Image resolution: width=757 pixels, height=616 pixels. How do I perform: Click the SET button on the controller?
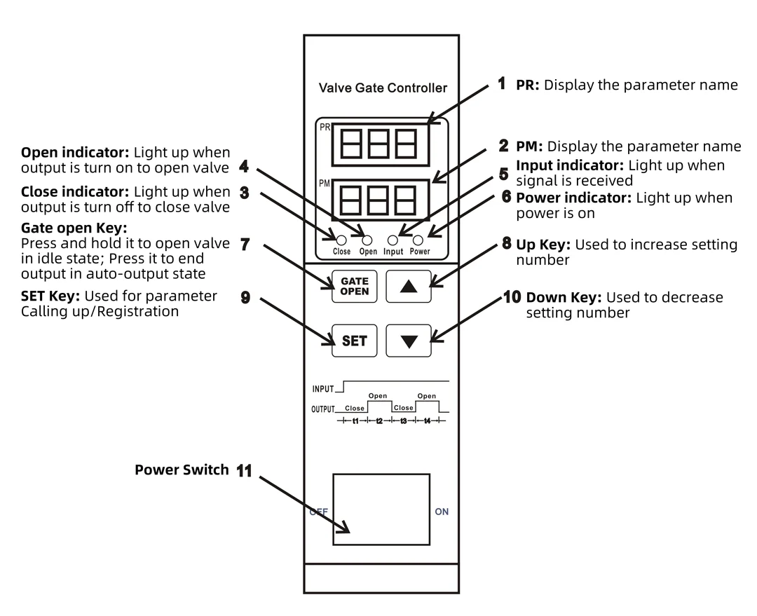355,341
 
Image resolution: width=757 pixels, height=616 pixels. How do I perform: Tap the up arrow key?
409,287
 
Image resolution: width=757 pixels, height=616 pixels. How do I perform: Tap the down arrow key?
409,341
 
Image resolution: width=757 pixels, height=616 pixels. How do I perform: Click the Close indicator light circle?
341,240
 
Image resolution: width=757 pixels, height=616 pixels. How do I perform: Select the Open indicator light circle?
367,240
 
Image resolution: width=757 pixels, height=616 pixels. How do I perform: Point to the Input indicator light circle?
393,240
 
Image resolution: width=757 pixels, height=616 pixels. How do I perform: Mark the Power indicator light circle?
418,240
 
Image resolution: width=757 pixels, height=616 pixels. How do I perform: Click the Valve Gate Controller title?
383,88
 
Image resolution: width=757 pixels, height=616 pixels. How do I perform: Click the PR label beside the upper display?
325,127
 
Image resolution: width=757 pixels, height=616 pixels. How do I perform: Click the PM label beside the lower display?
325,184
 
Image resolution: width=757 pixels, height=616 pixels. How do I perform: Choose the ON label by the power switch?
442,512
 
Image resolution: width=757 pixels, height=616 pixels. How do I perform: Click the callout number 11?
244,471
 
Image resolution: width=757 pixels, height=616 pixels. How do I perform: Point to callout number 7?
245,245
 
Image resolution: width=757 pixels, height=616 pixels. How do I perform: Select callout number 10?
512,297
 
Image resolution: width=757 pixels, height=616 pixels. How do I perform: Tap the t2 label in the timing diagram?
379,421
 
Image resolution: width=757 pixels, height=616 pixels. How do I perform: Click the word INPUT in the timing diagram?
323,389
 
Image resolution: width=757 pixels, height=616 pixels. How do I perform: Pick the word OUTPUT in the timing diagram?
323,409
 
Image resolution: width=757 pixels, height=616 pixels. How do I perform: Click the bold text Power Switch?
182,470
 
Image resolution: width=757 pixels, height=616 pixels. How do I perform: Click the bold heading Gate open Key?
74,228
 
